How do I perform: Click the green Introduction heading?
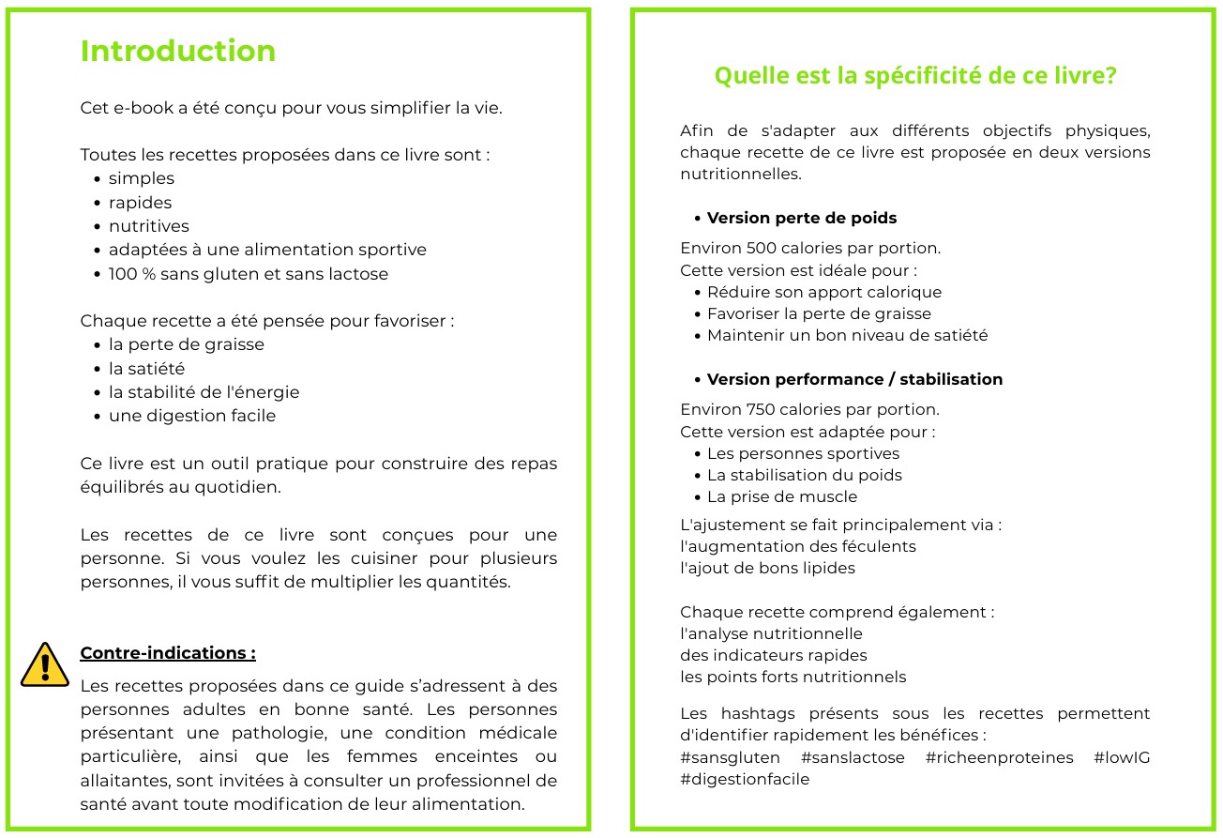(x=178, y=51)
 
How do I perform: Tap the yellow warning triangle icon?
(x=44, y=664)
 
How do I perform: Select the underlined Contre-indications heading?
(x=168, y=653)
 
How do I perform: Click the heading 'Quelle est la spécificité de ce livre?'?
(x=915, y=76)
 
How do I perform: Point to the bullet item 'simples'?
(x=142, y=178)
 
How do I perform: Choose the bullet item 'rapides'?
(x=140, y=203)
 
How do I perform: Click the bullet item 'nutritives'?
(x=148, y=226)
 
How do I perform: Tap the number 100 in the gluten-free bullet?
(x=124, y=274)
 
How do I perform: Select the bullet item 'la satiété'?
(x=146, y=369)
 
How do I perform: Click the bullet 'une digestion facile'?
(x=192, y=416)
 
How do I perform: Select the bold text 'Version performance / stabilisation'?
(x=854, y=380)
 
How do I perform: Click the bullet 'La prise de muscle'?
(x=782, y=497)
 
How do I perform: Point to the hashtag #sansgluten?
(x=731, y=758)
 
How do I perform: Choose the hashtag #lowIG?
(x=1122, y=758)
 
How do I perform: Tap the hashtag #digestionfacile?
(x=745, y=779)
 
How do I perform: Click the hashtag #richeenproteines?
(x=999, y=758)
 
